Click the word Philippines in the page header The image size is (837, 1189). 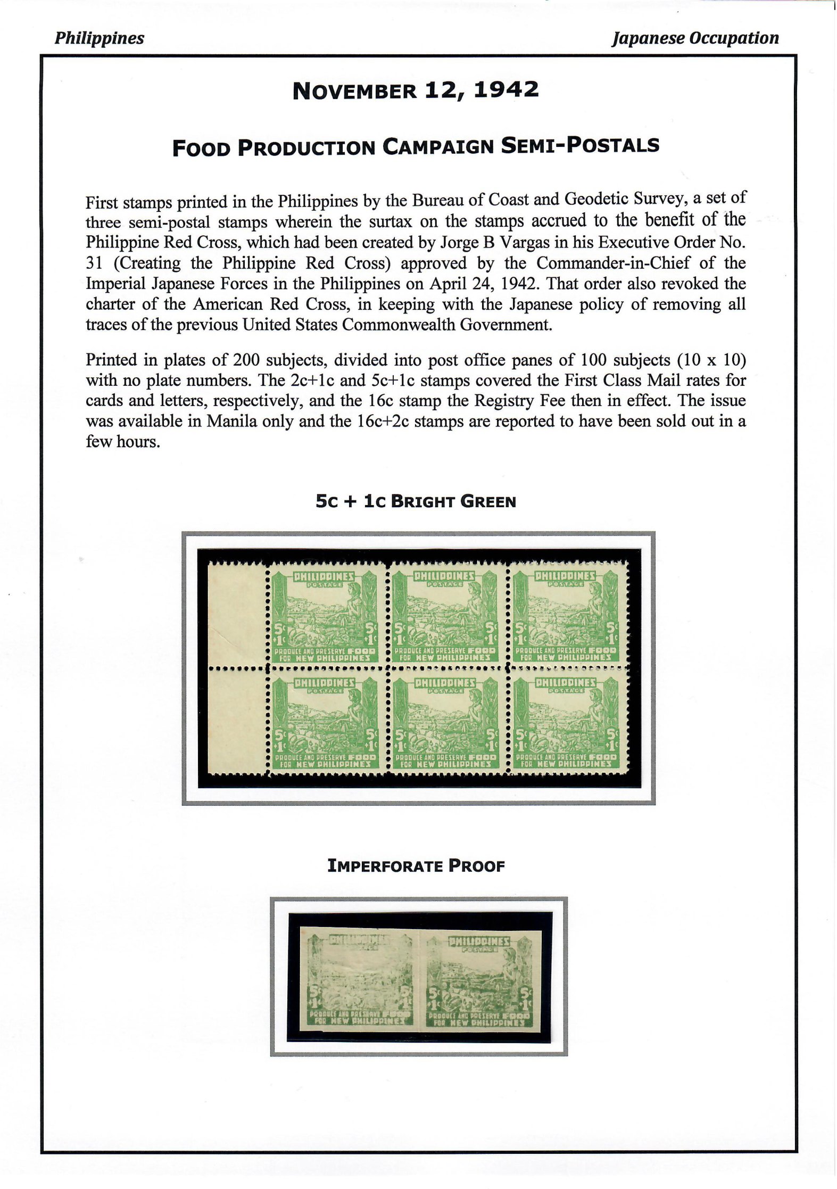[x=99, y=38]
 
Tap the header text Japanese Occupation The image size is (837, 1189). [x=695, y=38]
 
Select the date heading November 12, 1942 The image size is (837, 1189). [x=416, y=90]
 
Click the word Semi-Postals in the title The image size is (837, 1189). [x=581, y=146]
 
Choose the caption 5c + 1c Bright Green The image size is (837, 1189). [x=416, y=502]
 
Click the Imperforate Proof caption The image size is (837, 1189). [x=416, y=866]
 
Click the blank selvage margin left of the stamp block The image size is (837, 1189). [x=236, y=669]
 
